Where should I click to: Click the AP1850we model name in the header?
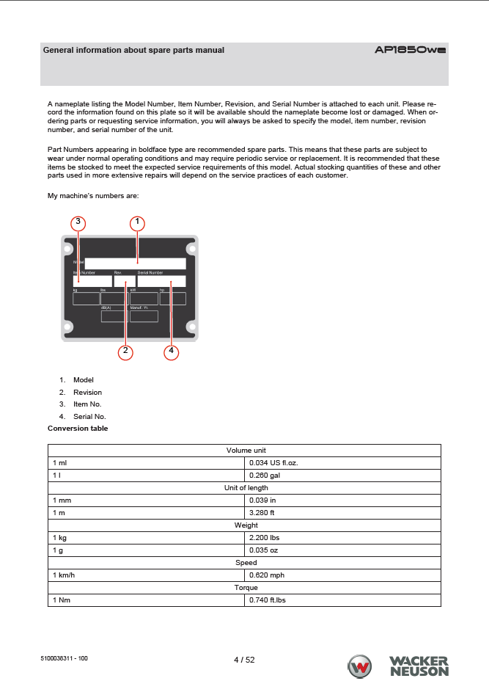[x=410, y=51]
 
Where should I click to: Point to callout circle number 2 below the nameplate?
[x=126, y=352]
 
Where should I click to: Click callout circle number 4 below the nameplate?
[x=171, y=352]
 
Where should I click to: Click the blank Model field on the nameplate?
[x=136, y=263]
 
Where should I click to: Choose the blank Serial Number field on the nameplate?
[x=161, y=281]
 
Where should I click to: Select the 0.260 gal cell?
[x=265, y=475]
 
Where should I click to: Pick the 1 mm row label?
[x=62, y=500]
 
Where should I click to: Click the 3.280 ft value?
[x=262, y=512]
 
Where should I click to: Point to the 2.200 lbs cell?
[x=265, y=537]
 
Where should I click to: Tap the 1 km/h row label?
[x=64, y=575]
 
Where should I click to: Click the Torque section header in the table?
[x=246, y=588]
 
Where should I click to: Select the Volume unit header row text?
[x=246, y=450]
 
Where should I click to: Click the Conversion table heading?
[x=78, y=428]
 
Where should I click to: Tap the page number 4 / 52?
[x=244, y=660]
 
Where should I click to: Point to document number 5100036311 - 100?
[x=65, y=659]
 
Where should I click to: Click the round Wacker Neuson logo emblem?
[x=361, y=667]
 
